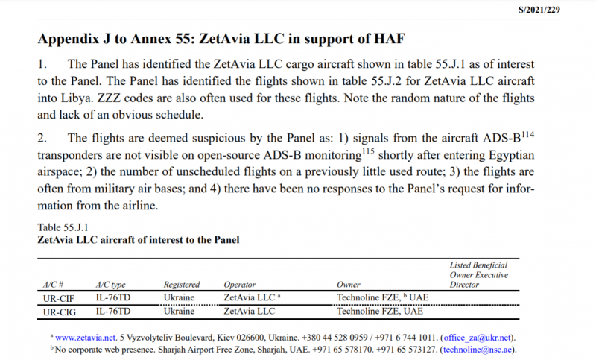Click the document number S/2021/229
559,10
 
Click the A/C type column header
111,285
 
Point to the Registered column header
182,285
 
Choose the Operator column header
241,285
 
